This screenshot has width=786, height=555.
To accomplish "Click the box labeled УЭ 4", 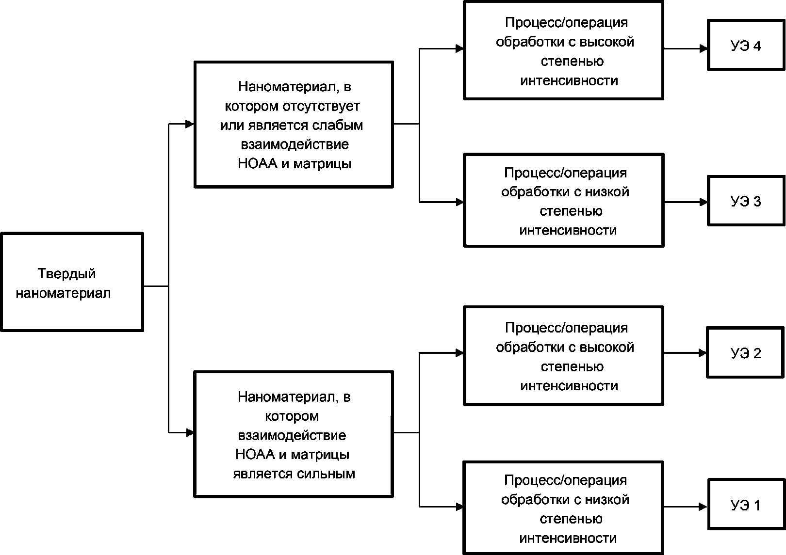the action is click(746, 45).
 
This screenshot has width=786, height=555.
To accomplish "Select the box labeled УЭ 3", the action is click(746, 201).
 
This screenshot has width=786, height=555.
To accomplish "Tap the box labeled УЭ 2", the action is click(745, 352).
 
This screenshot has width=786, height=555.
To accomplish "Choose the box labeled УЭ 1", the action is click(746, 504).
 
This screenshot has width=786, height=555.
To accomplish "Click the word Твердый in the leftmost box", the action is click(66, 274).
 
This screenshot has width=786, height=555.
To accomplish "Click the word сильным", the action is click(326, 474).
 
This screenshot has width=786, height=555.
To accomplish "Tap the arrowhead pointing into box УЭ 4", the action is click(704, 49).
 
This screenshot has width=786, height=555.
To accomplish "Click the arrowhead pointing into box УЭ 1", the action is click(704, 507).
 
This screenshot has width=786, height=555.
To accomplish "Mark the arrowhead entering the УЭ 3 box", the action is click(704, 202).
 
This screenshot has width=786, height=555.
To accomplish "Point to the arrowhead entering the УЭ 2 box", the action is click(703, 353).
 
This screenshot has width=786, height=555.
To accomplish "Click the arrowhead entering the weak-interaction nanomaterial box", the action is click(190, 124).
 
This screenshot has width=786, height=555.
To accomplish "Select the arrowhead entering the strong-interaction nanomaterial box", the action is click(190, 433).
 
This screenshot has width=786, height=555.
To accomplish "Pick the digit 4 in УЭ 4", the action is click(756, 46).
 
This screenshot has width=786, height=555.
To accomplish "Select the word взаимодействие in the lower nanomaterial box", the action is click(292, 435).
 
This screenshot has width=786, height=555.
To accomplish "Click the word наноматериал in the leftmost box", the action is click(63, 293).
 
